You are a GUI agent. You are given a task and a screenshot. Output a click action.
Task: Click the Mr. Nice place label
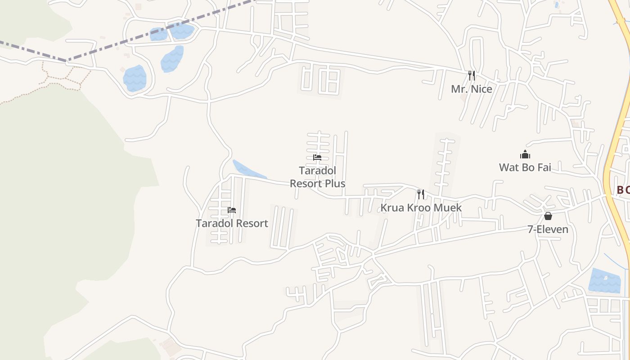click(x=471, y=89)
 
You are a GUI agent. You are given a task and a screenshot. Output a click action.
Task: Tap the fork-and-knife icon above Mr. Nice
click(x=471, y=75)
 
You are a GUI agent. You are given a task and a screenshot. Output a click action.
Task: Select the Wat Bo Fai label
click(x=525, y=168)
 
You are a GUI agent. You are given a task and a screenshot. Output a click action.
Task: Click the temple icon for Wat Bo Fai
click(x=525, y=155)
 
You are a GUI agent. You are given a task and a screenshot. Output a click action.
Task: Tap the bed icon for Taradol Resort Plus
click(x=317, y=157)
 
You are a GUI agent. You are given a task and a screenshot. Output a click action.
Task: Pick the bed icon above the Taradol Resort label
click(x=232, y=210)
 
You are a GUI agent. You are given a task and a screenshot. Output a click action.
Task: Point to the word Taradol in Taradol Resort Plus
click(x=317, y=171)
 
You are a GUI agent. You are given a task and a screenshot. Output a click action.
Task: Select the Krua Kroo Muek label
click(x=421, y=208)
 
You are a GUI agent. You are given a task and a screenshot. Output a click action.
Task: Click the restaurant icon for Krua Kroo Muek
click(x=421, y=194)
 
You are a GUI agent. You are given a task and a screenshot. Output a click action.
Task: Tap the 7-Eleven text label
click(x=548, y=229)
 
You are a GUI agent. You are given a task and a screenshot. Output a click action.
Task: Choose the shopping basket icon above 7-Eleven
click(x=548, y=216)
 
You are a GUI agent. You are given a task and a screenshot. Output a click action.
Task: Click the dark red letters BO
click(x=623, y=190)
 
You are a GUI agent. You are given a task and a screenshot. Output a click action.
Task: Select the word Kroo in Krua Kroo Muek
click(x=422, y=208)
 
